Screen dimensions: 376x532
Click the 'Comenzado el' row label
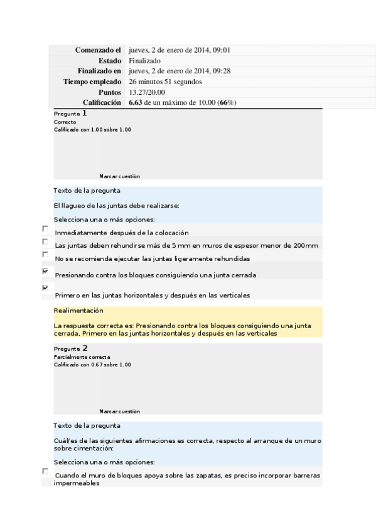click(x=97, y=50)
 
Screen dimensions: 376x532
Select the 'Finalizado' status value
click(x=144, y=61)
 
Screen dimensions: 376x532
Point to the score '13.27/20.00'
click(x=147, y=92)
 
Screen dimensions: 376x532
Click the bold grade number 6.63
click(x=135, y=102)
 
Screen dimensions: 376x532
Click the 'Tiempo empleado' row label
click(x=92, y=82)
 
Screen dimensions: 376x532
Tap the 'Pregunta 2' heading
click(x=70, y=348)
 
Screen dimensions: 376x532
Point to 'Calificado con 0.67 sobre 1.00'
click(x=92, y=364)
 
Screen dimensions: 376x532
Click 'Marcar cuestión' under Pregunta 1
click(x=119, y=177)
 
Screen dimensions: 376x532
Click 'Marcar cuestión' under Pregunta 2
click(x=119, y=412)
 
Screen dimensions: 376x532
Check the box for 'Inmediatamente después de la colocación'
click(x=45, y=229)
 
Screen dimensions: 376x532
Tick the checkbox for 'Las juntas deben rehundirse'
click(x=45, y=242)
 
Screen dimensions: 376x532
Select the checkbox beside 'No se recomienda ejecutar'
click(x=45, y=255)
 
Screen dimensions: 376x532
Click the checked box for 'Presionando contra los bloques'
click(x=45, y=271)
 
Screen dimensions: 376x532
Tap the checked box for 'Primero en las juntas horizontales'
click(x=45, y=287)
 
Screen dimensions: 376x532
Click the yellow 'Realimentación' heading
click(x=78, y=311)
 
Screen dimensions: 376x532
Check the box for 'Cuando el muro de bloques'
click(x=45, y=471)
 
